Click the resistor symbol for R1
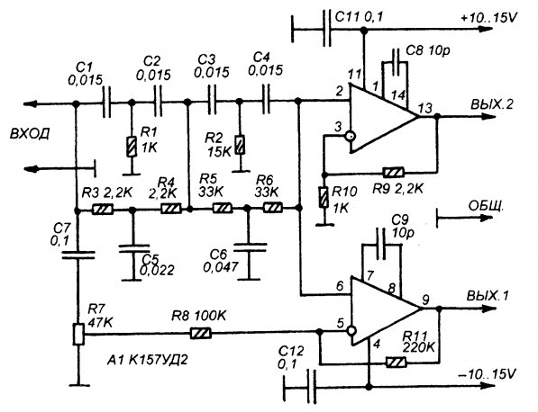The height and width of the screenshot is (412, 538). tap(132, 147)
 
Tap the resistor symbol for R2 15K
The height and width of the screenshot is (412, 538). tap(241, 145)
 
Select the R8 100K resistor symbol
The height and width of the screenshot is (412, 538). tap(201, 333)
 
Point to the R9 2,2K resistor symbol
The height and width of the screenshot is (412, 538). tap(393, 172)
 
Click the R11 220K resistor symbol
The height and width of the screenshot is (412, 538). tap(396, 362)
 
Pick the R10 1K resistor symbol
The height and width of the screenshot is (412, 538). tap(324, 197)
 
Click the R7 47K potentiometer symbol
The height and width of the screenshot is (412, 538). tap(78, 335)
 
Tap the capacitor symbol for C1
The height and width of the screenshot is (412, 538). tap(107, 102)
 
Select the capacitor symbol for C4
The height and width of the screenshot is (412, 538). tap(266, 101)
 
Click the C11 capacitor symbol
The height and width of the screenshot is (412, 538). tap(326, 28)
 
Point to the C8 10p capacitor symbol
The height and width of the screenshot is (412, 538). tap(396, 62)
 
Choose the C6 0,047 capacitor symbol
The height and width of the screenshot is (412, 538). tap(250, 247)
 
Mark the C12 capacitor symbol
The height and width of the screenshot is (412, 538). tap(312, 387)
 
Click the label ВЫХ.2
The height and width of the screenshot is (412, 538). tap(492, 104)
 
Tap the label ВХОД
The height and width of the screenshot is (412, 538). tap(30, 133)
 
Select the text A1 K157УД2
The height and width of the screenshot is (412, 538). tap(147, 360)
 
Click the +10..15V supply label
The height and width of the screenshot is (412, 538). tap(488, 18)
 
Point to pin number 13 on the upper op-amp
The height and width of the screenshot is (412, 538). tap(425, 108)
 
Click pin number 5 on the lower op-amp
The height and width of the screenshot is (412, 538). tap(340, 323)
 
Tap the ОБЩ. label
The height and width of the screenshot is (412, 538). tap(486, 206)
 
